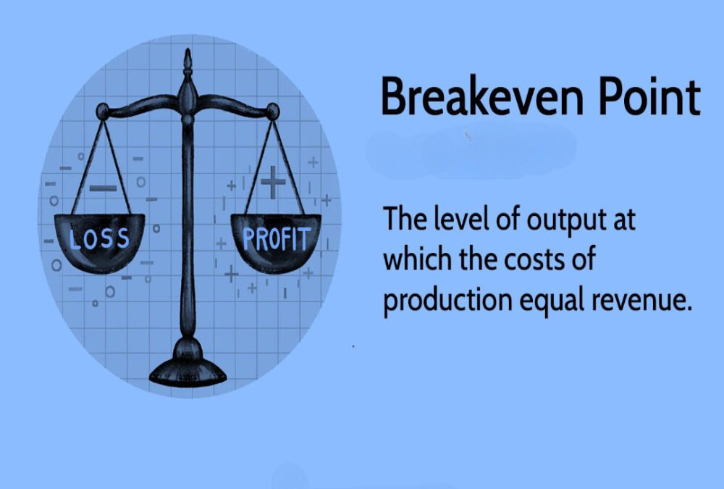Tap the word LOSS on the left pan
pos(99,238)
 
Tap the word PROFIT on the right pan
pos(276,238)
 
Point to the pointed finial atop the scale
pos(188,62)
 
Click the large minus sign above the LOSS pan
pos(103,189)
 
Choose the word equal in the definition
pos(556,299)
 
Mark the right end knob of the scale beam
pos(272,110)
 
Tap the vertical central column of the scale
pos(188,232)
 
